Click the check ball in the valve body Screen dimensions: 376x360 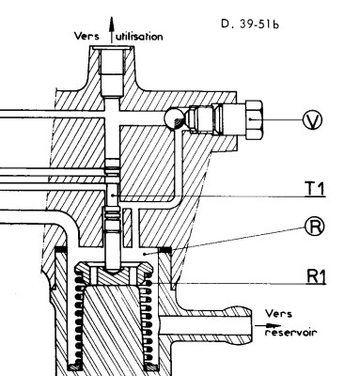(x=171, y=117)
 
